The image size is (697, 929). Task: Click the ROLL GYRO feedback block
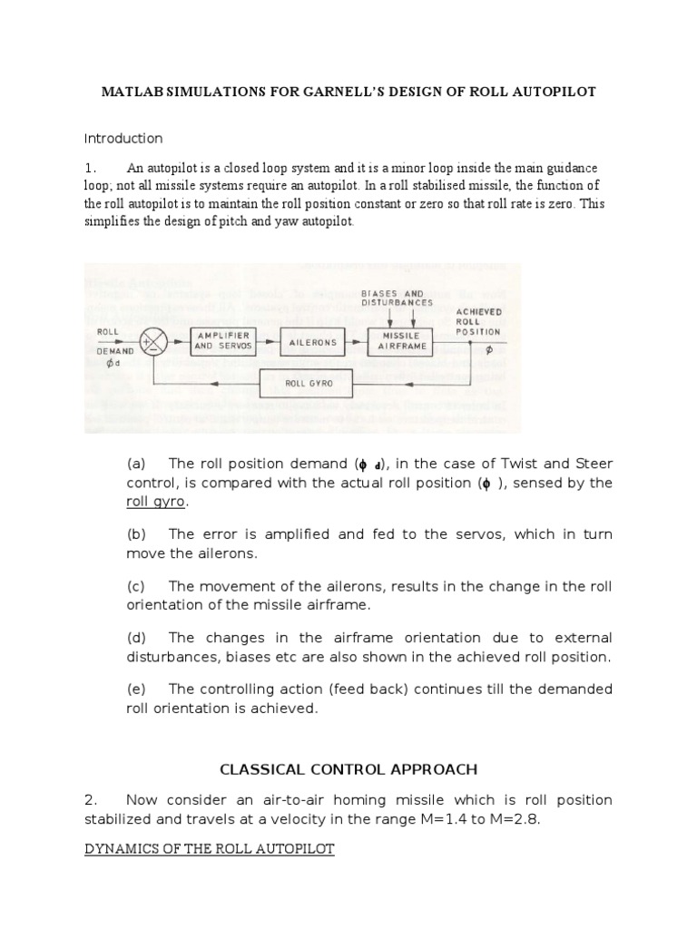[x=309, y=384]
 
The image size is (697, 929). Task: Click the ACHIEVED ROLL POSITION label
[x=477, y=321]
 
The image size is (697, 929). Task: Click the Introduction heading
[x=123, y=139]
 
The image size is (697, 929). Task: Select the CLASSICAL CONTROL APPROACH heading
[x=348, y=769]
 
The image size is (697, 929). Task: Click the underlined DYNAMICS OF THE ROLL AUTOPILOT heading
[x=210, y=848]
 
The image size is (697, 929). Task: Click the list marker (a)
[x=137, y=464]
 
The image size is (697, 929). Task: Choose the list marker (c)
[x=137, y=587]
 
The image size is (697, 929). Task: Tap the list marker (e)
[x=137, y=689]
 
